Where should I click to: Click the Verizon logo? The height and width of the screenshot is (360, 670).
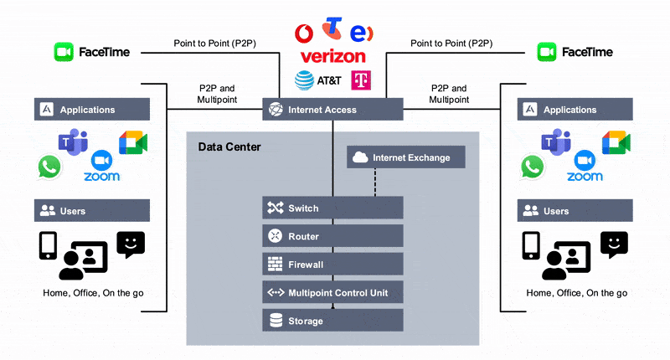tap(332, 56)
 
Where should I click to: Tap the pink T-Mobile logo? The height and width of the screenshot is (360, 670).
tap(362, 81)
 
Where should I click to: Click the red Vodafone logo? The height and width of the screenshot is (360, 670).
tap(306, 33)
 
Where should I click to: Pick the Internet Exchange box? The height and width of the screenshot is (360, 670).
tap(405, 157)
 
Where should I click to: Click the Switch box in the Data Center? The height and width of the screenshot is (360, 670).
tap(332, 208)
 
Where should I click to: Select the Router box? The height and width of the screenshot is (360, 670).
tap(332, 236)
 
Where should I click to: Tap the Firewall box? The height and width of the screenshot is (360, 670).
tap(332, 265)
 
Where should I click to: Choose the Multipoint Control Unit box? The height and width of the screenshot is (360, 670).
tap(332, 292)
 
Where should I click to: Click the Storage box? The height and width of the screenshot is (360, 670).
tap(332, 321)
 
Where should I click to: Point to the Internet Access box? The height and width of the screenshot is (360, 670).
tap(332, 110)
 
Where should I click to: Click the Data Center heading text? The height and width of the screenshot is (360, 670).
tap(229, 147)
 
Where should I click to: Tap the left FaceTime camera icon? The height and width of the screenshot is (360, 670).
tap(64, 52)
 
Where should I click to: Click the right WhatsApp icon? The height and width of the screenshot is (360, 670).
tap(532, 167)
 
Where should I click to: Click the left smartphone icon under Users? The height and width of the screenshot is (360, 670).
tap(48, 245)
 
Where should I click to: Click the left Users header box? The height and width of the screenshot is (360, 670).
tap(92, 211)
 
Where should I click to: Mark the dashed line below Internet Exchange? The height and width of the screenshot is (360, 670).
tap(374, 183)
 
